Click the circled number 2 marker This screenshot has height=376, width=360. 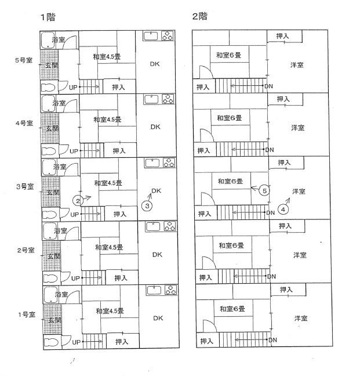tap(78, 201)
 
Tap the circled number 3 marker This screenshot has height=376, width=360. tap(148, 205)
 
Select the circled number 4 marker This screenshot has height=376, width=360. tap(283, 209)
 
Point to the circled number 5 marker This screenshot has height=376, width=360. tap(264, 190)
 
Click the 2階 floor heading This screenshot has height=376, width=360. tap(198, 16)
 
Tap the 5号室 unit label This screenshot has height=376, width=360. tap(25, 60)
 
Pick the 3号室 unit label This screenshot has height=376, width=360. tap(26, 186)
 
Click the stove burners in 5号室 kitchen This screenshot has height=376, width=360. tap(167, 37)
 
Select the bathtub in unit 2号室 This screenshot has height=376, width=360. tap(48, 230)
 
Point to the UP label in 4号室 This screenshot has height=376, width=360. tap(74, 151)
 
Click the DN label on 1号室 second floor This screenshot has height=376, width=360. tap(272, 339)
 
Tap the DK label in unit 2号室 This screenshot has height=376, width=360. tap(157, 254)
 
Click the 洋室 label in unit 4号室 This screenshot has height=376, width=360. tap(297, 128)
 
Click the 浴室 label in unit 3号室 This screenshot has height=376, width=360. tap(59, 167)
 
